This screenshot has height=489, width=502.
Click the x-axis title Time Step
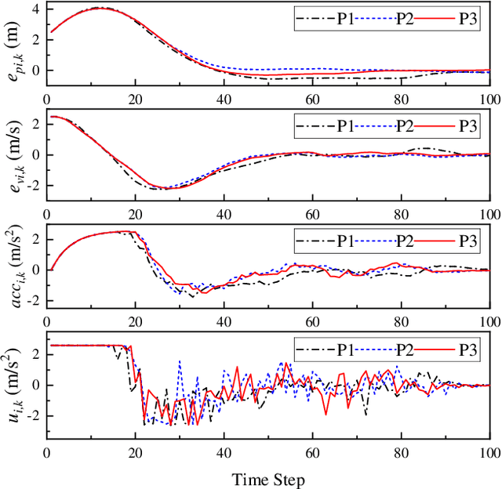(x=267, y=478)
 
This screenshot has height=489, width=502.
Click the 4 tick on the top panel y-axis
(x=35, y=9)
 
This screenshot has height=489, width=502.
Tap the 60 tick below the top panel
(x=312, y=100)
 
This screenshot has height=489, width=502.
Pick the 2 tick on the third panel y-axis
(x=35, y=235)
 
